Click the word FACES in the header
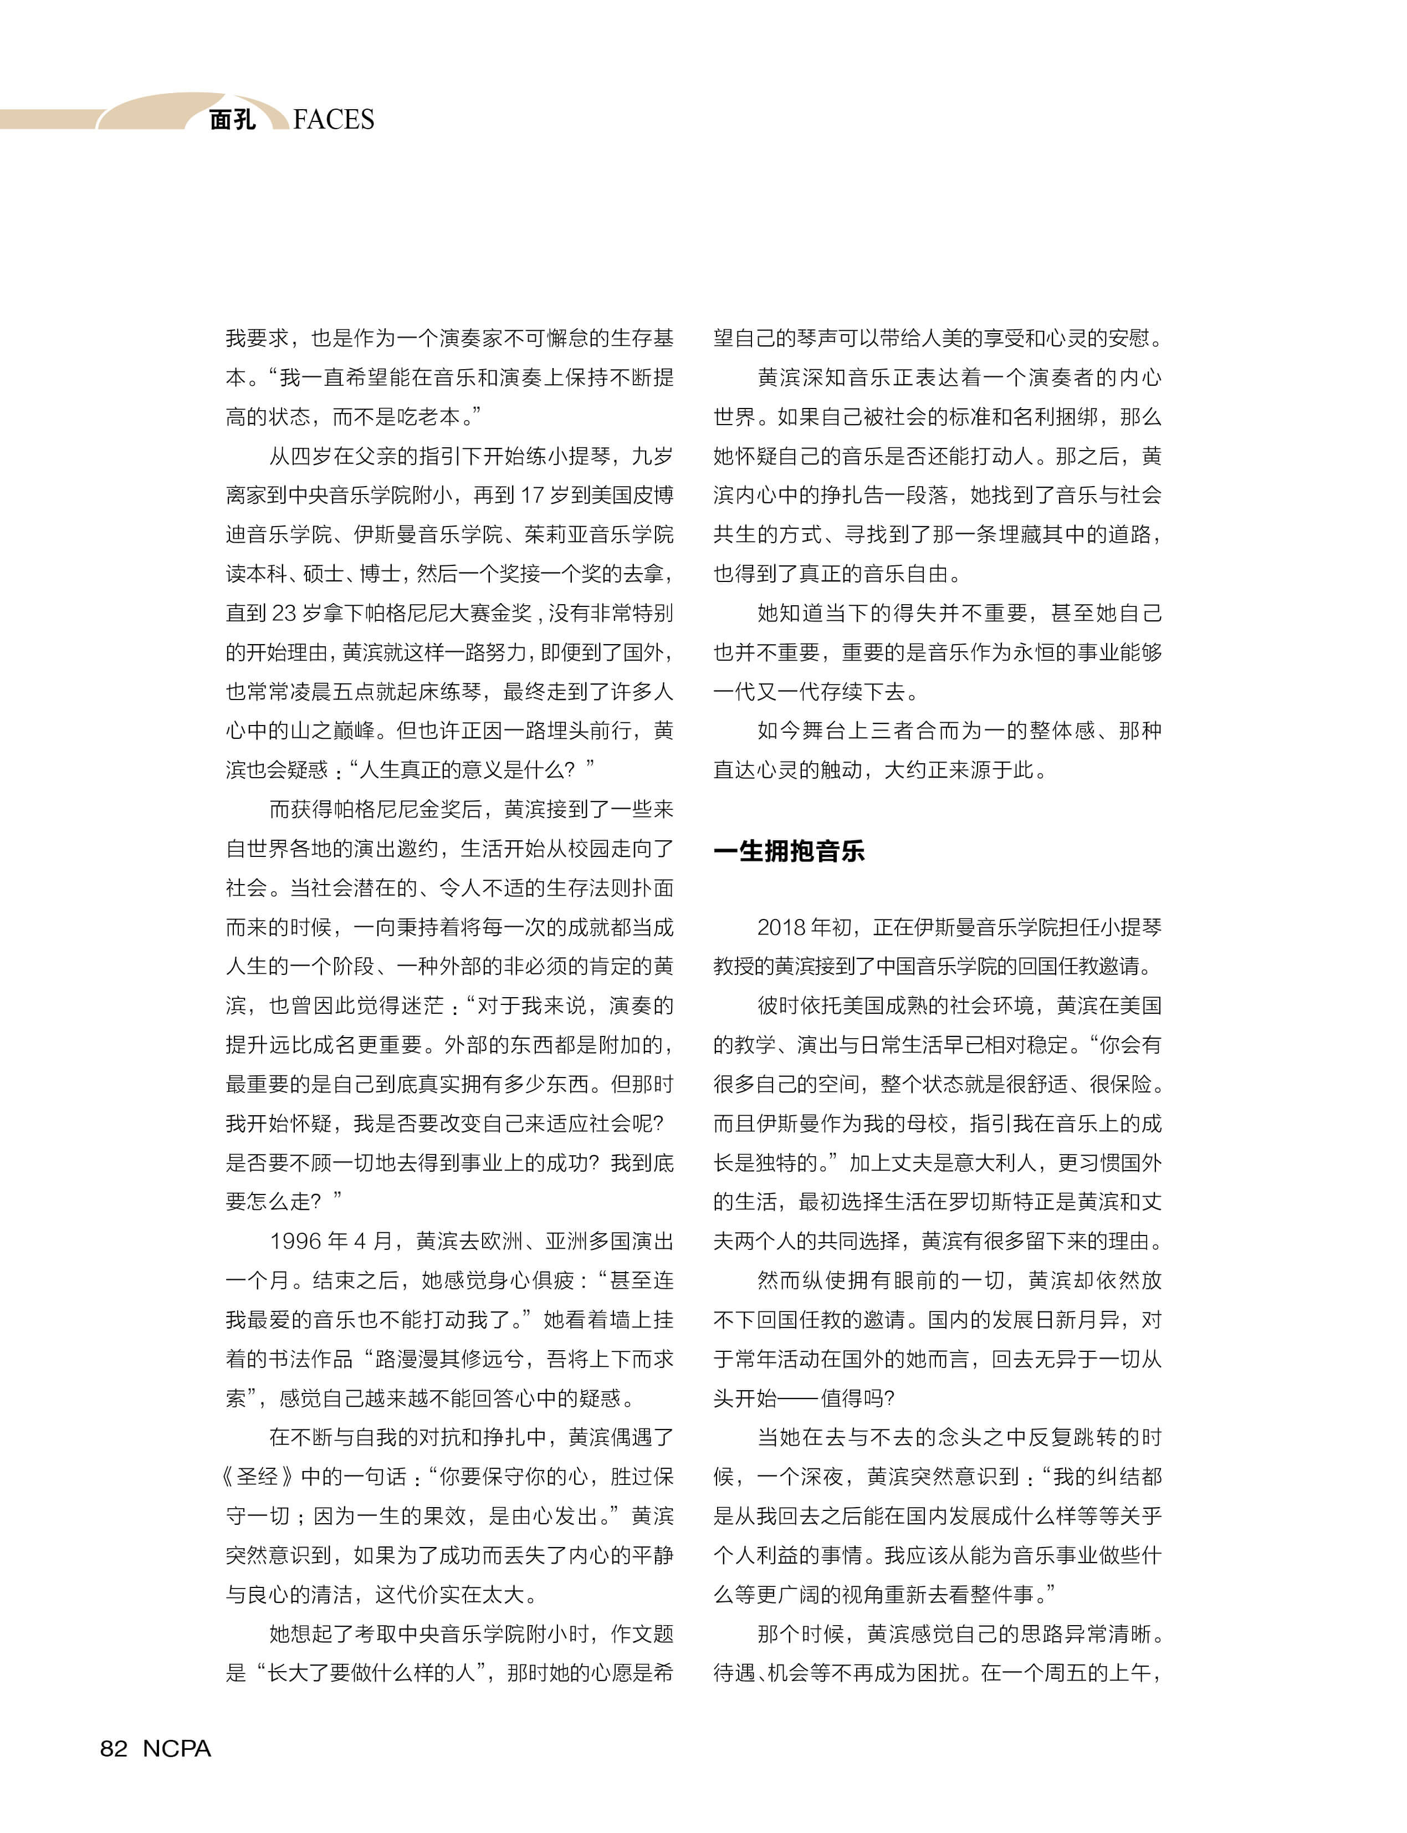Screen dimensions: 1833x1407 tap(334, 120)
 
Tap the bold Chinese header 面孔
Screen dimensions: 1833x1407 tap(232, 120)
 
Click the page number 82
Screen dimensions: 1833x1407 tap(114, 1748)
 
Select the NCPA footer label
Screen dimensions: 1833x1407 tap(177, 1748)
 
